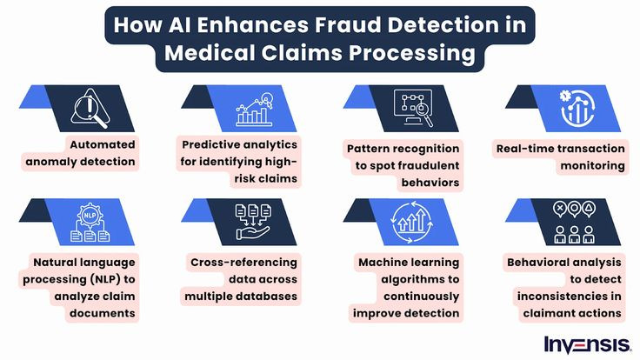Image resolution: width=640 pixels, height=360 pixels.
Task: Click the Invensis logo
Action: click(x=588, y=345)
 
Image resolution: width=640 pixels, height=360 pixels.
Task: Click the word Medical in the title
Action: click(x=210, y=53)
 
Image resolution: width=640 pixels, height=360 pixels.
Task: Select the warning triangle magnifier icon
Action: click(x=90, y=109)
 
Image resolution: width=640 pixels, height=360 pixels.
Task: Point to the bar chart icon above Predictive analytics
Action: click(x=254, y=110)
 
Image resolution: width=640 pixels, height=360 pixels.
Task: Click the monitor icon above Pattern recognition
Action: click(x=413, y=108)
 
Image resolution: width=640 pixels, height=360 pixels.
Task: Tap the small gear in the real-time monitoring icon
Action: click(x=565, y=96)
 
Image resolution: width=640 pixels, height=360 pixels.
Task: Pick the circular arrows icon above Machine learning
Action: click(x=411, y=223)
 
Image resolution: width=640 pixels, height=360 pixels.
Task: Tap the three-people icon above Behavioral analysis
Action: click(x=574, y=234)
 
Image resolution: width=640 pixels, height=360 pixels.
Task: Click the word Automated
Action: click(x=103, y=144)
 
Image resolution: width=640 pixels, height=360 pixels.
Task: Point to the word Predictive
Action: click(x=211, y=144)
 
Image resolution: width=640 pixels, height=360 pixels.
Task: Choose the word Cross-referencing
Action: click(x=243, y=263)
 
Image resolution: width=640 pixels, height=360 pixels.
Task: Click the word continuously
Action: click(x=421, y=297)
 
